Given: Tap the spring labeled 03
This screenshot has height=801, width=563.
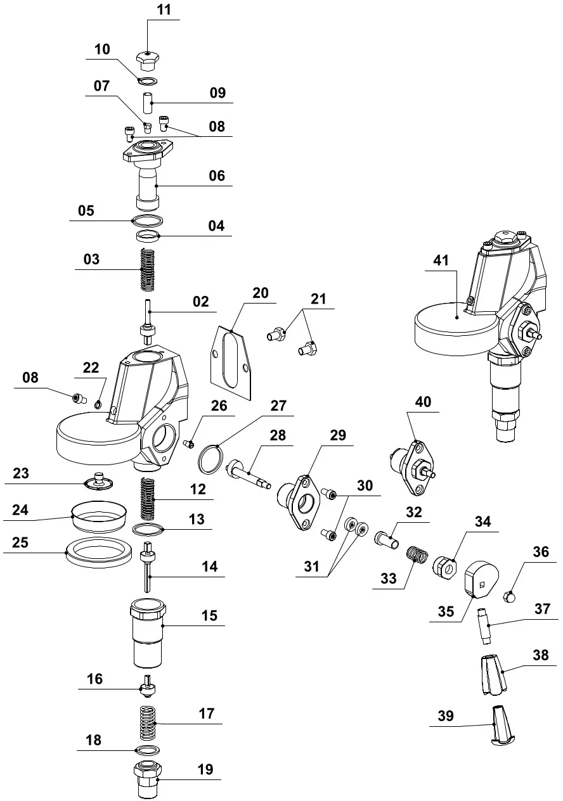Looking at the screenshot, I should [x=147, y=269].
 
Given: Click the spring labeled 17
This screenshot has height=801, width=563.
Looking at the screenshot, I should [x=147, y=722].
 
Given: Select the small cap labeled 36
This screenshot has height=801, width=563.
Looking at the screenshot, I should [x=508, y=596].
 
